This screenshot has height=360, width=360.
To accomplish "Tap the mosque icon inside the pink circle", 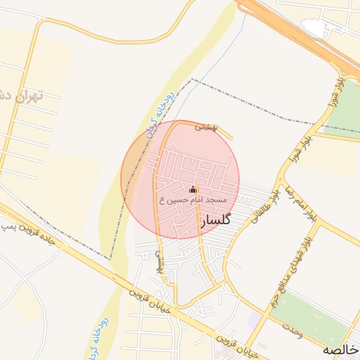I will [193, 190].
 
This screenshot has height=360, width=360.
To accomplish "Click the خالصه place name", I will [340, 349].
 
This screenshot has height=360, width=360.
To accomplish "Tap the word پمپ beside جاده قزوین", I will [9, 226].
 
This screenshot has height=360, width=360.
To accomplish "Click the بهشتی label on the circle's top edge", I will [207, 127].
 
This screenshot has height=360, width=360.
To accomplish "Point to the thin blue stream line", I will [211, 70].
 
